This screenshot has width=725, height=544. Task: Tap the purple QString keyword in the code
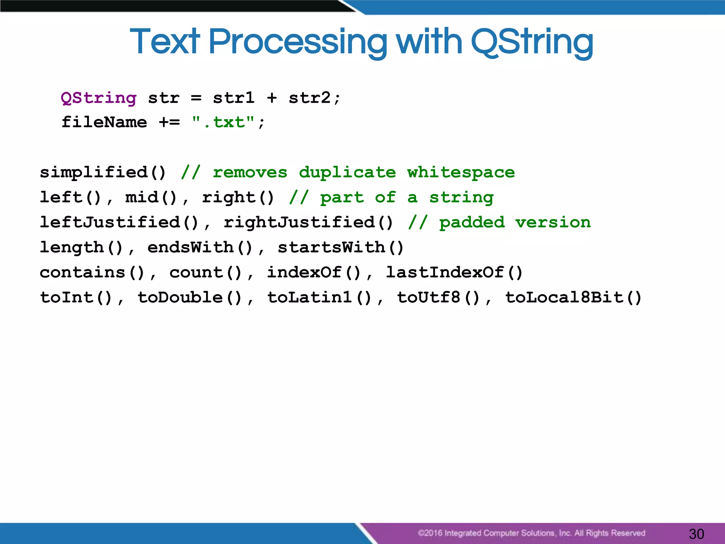98,98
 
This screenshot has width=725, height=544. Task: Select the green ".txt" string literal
223,122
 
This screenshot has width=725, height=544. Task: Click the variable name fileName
104,122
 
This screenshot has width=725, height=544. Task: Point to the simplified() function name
103,172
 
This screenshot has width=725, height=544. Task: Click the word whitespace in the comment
461,172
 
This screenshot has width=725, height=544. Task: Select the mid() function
151,197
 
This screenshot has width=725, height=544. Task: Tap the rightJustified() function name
308,222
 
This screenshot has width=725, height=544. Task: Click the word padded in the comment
472,222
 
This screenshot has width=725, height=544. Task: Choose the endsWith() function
200,247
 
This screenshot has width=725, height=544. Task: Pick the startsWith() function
341,247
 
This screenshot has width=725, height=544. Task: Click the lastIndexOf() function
454,272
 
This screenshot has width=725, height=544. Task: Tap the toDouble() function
190,297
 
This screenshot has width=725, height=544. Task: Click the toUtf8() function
438,297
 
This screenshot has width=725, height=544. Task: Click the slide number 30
696,534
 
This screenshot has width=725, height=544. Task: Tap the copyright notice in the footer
531,533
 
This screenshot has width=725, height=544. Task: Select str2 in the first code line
309,98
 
